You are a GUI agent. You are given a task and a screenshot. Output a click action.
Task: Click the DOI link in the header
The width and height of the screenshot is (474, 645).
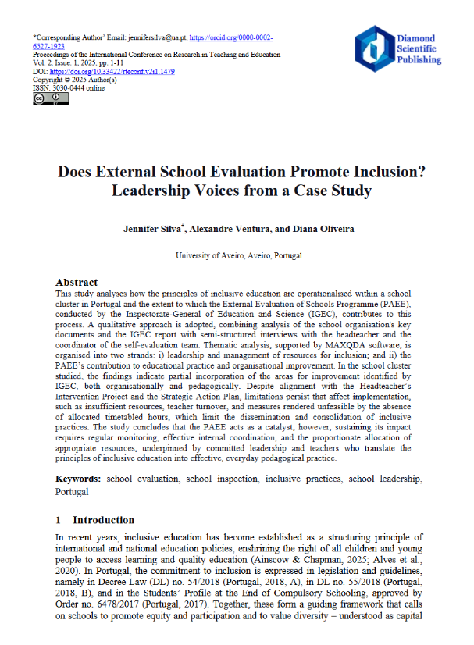click(110, 71)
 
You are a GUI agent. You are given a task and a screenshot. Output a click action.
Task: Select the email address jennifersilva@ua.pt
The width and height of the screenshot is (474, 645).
click(156, 37)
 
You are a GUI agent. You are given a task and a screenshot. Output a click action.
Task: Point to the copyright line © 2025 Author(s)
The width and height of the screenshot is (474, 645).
click(77, 80)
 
